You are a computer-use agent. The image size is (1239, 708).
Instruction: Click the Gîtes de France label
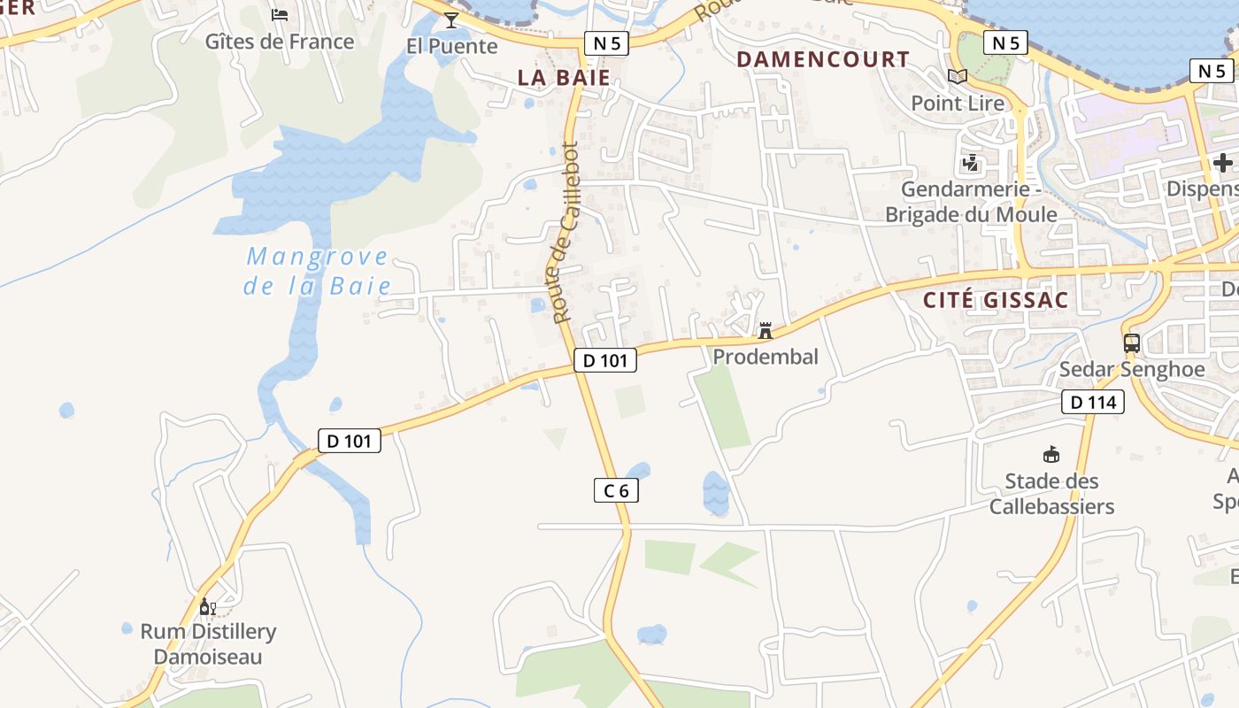(280, 42)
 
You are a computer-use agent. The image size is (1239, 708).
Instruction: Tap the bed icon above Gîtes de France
(280, 14)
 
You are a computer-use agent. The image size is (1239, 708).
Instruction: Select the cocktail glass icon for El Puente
(451, 19)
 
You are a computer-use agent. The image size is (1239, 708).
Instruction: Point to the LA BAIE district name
(565, 77)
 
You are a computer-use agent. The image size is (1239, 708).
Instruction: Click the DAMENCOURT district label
(823, 59)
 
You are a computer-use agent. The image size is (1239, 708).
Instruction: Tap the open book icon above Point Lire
(958, 76)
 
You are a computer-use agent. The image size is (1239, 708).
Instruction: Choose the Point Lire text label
(958, 104)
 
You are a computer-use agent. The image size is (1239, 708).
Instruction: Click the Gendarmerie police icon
(971, 163)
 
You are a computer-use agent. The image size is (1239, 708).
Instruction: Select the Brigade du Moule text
(971, 214)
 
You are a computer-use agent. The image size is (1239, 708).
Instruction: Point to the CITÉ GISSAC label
(996, 300)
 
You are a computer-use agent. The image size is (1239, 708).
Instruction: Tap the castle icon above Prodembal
(766, 331)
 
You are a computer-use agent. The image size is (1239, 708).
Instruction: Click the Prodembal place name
(766, 357)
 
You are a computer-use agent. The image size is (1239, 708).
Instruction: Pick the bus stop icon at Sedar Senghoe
(1131, 342)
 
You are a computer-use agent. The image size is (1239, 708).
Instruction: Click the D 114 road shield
(1093, 403)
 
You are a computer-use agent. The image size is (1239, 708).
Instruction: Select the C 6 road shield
(616, 490)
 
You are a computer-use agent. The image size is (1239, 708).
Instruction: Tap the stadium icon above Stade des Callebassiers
(1051, 455)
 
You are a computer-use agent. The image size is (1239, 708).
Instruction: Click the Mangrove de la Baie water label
(317, 271)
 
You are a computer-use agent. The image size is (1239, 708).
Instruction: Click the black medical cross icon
(1222, 163)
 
